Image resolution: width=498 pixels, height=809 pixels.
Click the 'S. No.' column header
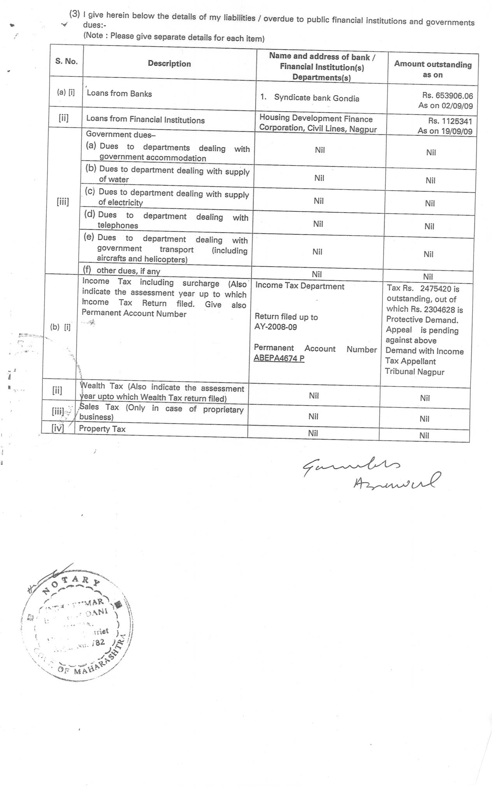(x=67, y=61)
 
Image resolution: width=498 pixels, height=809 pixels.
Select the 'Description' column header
(x=169, y=64)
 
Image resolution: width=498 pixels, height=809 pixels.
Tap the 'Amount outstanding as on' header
(x=433, y=69)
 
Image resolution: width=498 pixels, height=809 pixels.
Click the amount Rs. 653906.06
(x=447, y=96)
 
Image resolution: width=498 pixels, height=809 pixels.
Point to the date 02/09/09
(x=457, y=106)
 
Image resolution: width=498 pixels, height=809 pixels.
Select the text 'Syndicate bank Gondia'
(x=316, y=98)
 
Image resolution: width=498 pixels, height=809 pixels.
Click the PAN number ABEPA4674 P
(x=279, y=358)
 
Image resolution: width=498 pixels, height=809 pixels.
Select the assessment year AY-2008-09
(x=275, y=327)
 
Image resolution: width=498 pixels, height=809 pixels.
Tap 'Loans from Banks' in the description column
(x=119, y=93)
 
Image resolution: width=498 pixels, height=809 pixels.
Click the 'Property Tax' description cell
(x=102, y=429)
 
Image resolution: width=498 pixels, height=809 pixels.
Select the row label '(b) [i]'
(x=60, y=327)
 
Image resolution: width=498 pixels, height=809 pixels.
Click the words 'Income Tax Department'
(x=300, y=286)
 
